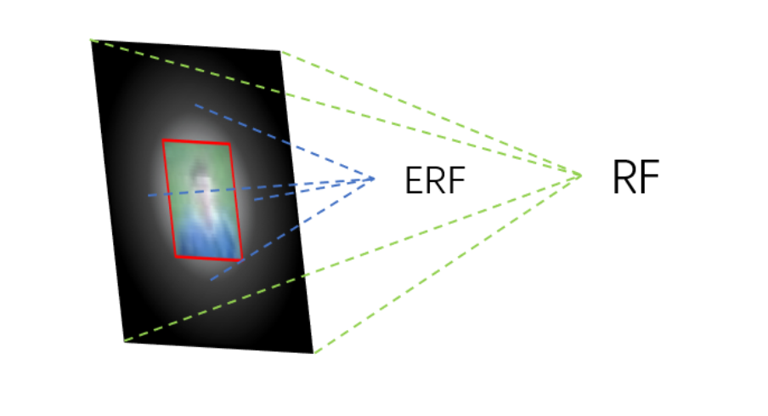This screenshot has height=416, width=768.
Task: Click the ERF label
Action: pos(436,180)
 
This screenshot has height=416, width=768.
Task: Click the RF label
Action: pos(635,178)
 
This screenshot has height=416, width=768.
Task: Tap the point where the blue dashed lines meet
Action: pos(374,178)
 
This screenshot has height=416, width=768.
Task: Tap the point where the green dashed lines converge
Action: pos(580,175)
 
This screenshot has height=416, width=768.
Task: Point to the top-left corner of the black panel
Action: pos(92,41)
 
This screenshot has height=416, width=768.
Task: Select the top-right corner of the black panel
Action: pos(280,52)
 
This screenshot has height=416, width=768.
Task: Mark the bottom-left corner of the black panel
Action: pos(124,340)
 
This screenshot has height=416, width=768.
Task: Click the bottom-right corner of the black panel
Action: pos(313,352)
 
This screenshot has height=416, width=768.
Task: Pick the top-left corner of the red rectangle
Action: pos(163,140)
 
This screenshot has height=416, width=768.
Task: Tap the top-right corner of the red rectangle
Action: pos(229,144)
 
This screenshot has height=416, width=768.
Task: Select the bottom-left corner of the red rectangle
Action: pos(176,256)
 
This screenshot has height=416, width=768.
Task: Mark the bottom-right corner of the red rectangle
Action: pos(242,259)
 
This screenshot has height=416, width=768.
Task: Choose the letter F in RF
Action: pos(649,178)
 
